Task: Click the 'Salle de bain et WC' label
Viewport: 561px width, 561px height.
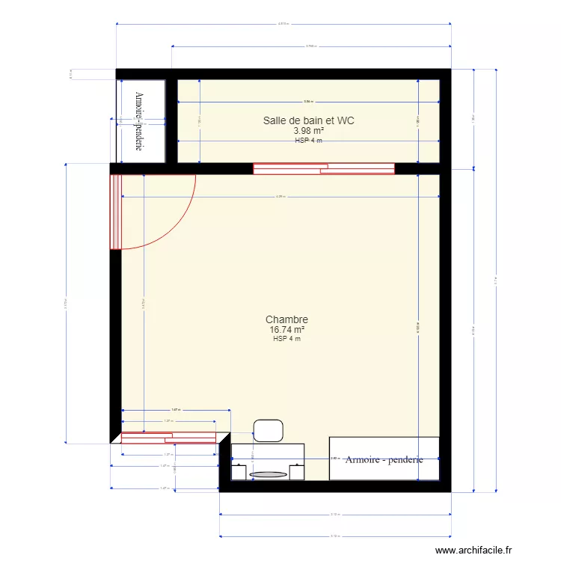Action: pos(308,120)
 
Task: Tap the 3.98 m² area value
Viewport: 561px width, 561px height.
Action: pos(308,131)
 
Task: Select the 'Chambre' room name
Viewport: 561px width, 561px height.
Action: pos(286,319)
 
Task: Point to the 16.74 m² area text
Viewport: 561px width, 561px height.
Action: pos(286,329)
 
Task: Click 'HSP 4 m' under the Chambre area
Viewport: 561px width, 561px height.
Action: pos(286,339)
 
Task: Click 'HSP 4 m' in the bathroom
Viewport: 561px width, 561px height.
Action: pos(308,141)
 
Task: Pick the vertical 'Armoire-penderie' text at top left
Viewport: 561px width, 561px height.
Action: pos(139,121)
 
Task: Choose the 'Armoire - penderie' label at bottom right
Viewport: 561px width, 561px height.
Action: pos(384,459)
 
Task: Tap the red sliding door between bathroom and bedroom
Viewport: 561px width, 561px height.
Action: pos(323,168)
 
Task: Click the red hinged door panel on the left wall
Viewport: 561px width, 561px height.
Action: pos(115,211)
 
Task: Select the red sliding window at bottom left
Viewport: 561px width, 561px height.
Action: pos(168,437)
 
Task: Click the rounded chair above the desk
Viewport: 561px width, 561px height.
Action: pos(269,431)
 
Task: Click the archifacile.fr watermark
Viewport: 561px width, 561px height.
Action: pos(474,550)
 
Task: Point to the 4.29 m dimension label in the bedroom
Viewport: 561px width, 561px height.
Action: pos(280,197)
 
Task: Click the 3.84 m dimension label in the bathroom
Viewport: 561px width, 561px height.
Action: pos(307,102)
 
